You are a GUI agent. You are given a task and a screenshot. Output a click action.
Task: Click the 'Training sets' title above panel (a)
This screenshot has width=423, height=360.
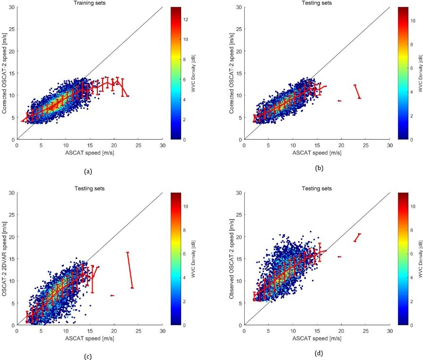[89, 3]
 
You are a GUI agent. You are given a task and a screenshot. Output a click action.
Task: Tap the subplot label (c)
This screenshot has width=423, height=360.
[88, 356]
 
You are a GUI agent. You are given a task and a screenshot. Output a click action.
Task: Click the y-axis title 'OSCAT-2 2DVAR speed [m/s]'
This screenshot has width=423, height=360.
[5, 259]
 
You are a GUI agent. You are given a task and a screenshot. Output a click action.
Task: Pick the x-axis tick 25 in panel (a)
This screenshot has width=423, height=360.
[138, 144]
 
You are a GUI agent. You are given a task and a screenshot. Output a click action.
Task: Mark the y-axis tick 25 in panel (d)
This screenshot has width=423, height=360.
[238, 215]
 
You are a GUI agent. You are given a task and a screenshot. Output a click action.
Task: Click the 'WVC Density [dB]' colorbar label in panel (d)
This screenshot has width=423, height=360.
[418, 259]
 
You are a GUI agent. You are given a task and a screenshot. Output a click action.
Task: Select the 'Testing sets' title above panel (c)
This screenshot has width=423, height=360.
[89, 188]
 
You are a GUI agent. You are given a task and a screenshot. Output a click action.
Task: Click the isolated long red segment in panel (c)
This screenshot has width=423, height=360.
[130, 270]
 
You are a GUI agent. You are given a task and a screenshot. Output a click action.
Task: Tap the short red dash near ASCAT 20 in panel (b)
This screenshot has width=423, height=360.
[339, 101]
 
